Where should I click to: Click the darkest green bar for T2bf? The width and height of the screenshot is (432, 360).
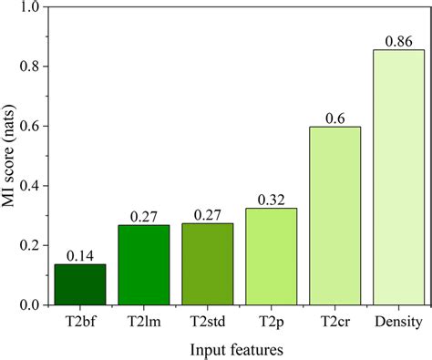[80, 284]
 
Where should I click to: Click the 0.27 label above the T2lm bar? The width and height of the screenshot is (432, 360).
[144, 215]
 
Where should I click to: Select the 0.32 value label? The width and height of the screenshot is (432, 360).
[271, 199]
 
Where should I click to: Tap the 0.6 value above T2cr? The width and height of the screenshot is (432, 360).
[334, 117]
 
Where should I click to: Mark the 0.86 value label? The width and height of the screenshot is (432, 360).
[398, 40]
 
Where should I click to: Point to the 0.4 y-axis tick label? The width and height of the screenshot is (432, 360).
[28, 186]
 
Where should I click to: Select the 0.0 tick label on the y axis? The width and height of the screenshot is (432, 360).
[28, 304]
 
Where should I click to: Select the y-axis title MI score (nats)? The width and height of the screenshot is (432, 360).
[9, 155]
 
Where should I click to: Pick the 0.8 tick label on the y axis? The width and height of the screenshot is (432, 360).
[28, 67]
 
